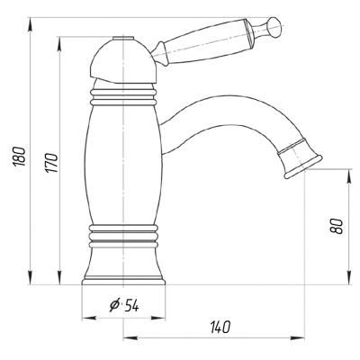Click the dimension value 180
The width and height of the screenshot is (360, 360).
tap(19, 157)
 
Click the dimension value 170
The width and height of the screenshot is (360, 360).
tap(51, 163)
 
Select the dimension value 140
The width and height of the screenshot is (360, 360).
tap(220, 327)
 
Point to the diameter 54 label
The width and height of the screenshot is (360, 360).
tap(124, 305)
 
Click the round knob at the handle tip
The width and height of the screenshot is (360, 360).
tap(274, 26)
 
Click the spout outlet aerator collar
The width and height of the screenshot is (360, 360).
tap(299, 157)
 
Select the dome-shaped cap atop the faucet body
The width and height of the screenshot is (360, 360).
tap(122, 61)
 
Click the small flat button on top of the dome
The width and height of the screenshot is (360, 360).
tap(123, 38)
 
